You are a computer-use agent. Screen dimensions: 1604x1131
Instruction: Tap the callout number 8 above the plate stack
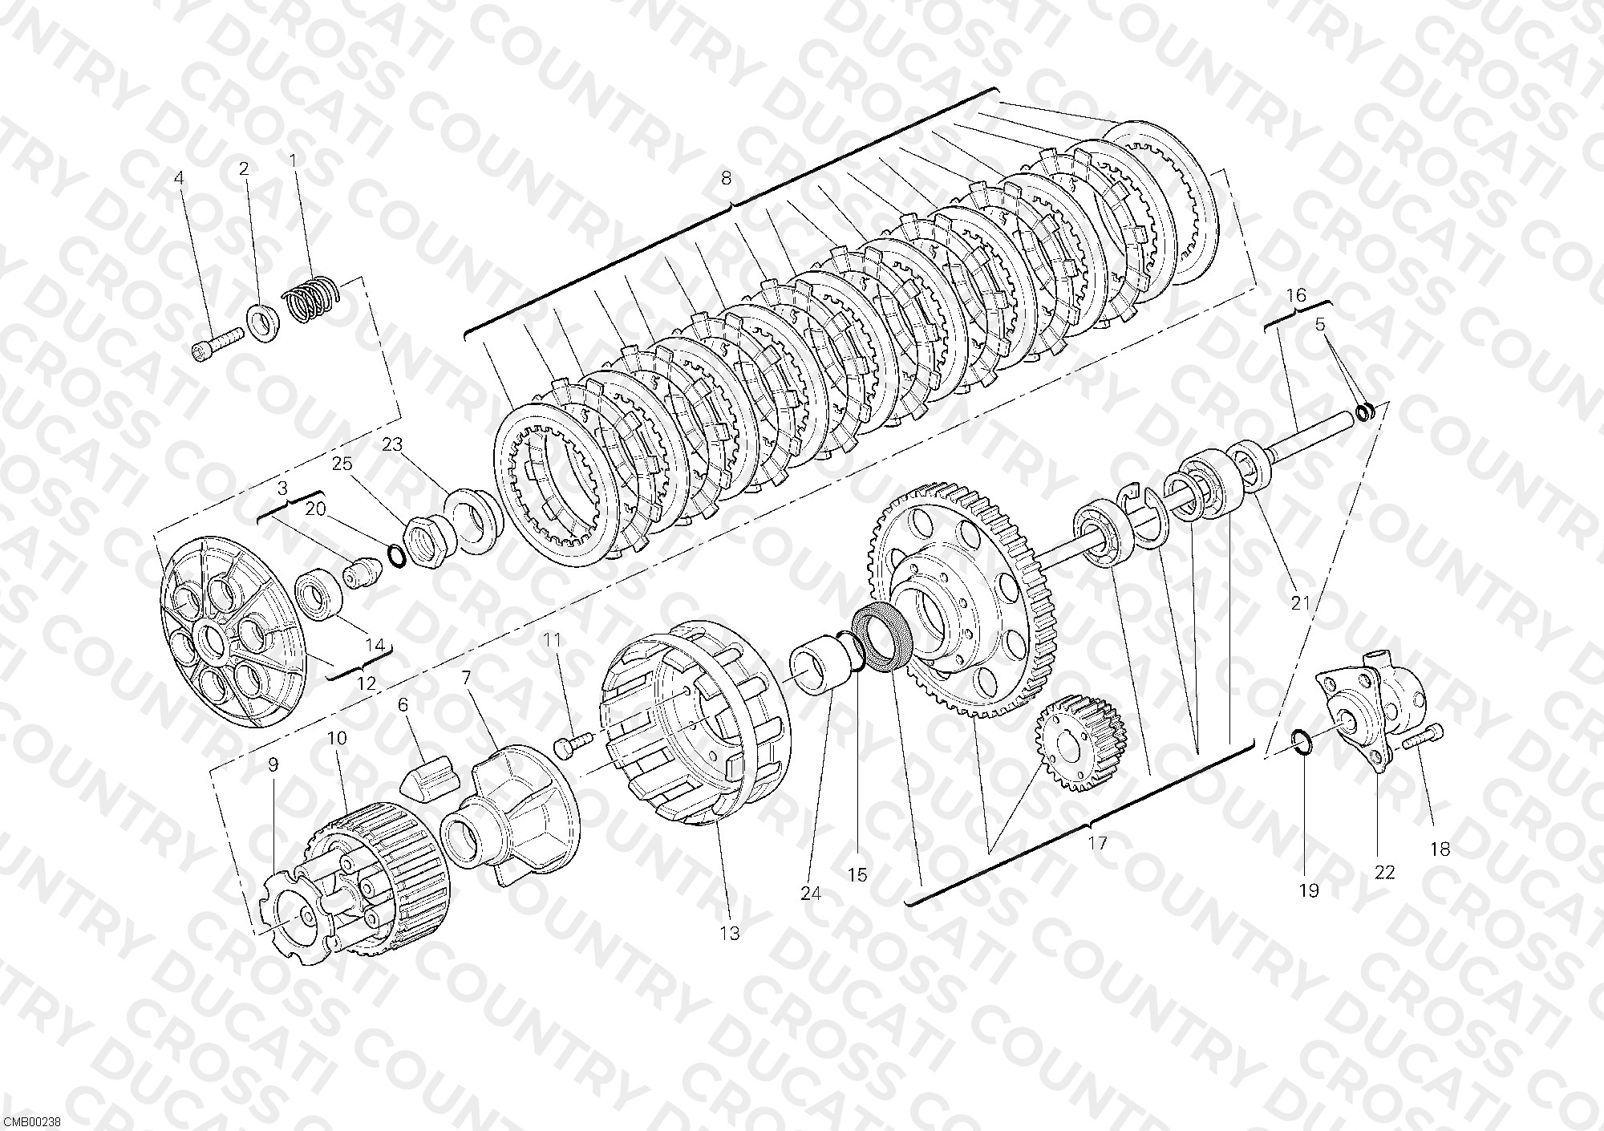[x=727, y=178]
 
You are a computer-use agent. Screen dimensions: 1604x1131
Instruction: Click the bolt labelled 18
[x=1424, y=737]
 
